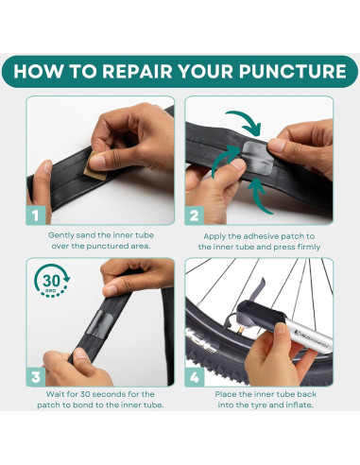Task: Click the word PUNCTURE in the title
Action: click(292, 72)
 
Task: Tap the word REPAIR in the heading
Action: click(137, 72)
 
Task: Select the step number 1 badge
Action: click(36, 215)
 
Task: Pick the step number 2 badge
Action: click(194, 215)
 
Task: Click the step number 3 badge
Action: click(36, 377)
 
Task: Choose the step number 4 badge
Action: click(195, 377)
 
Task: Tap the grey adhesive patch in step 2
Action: click(258, 158)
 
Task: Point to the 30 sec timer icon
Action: click(52, 281)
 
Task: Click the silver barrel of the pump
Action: click(309, 336)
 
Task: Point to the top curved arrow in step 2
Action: click(249, 117)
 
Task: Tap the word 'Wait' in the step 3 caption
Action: click(55, 394)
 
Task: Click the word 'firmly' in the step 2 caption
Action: click(309, 248)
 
